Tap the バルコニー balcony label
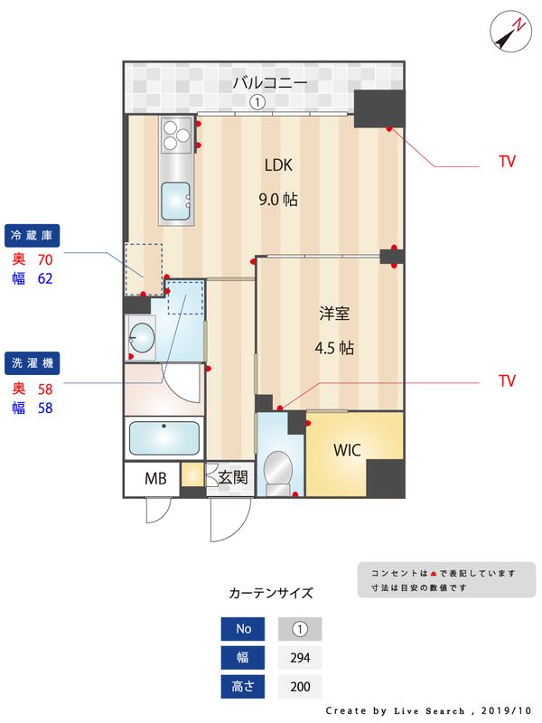[x=270, y=83]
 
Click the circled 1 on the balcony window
[x=257, y=102]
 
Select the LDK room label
[x=278, y=165]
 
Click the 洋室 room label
[x=334, y=314]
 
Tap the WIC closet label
[x=348, y=450]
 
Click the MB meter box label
[x=155, y=477]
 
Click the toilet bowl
[x=278, y=470]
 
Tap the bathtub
[x=164, y=438]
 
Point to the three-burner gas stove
[x=175, y=136]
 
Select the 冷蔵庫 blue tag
[x=33, y=236]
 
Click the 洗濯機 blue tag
[x=33, y=363]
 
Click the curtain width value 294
[x=300, y=658]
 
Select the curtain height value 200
[x=300, y=687]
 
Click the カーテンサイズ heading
[x=271, y=594]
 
